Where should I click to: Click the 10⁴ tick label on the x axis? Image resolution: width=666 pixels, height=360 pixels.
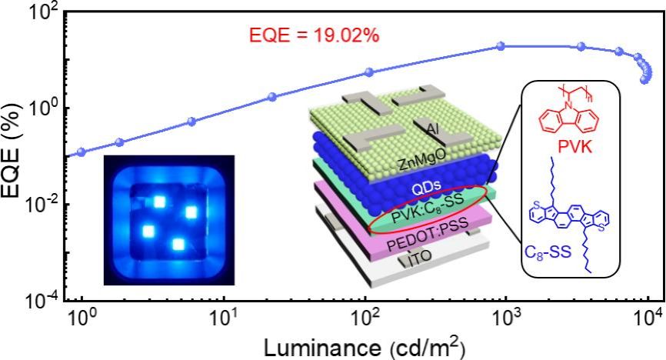648,317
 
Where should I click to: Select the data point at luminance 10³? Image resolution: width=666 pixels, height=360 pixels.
501,46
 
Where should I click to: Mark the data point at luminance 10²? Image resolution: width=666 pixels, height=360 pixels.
368,72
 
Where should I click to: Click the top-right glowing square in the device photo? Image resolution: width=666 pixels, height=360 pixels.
191,212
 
